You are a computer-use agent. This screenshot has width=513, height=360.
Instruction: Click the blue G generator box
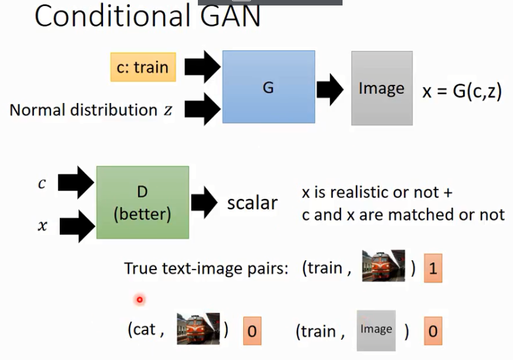tap(269, 87)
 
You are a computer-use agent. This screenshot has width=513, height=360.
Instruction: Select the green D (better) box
tap(142, 202)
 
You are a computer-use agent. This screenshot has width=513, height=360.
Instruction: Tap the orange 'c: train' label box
tap(143, 67)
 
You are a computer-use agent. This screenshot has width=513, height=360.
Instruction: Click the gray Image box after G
tap(381, 88)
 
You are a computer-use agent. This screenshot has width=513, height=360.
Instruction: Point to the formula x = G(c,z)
tap(461, 90)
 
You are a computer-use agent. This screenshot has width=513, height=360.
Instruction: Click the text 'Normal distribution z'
tap(91, 110)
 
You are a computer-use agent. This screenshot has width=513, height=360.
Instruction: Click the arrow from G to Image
tap(330, 89)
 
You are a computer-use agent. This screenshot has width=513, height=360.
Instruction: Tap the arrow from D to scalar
tap(204, 202)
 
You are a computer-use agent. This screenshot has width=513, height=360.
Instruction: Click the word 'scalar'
tap(252, 203)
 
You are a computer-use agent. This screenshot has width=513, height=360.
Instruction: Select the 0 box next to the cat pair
tap(252, 331)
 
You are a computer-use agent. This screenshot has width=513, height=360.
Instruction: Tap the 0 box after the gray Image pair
tap(433, 331)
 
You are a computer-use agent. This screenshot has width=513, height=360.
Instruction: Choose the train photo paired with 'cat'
tap(198, 329)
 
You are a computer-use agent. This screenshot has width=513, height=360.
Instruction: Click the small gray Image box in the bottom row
tap(376, 330)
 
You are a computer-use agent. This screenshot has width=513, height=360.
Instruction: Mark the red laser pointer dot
tap(140, 299)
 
